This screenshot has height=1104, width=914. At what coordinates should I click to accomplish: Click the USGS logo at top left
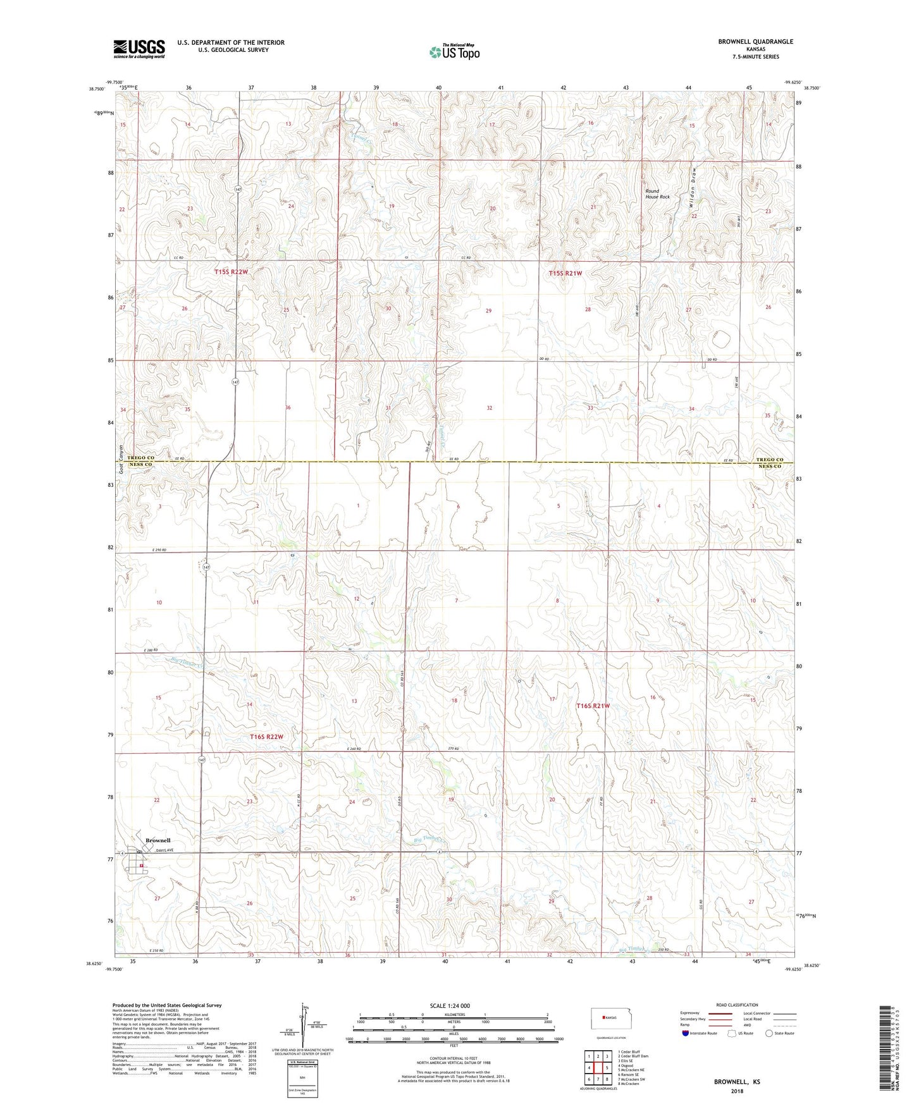[139, 49]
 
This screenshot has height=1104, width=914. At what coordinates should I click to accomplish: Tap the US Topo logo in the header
[454, 52]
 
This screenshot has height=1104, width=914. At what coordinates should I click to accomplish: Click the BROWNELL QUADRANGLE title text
[755, 42]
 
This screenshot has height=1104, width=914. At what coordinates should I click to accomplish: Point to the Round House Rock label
[657, 193]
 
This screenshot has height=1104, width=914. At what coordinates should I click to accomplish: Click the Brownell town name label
[157, 840]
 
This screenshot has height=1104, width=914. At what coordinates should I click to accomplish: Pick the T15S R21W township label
[565, 273]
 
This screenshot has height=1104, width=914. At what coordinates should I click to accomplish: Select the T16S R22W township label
[266, 737]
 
